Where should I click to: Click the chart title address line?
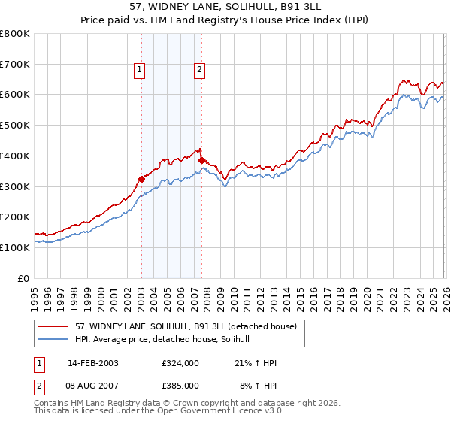coord(225,8)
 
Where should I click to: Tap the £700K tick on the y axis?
coord(15,65)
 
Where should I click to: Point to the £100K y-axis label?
coord(15,247)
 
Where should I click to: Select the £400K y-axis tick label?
coord(15,156)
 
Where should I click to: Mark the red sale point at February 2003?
coord(141,179)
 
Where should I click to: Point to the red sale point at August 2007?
coord(201,160)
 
